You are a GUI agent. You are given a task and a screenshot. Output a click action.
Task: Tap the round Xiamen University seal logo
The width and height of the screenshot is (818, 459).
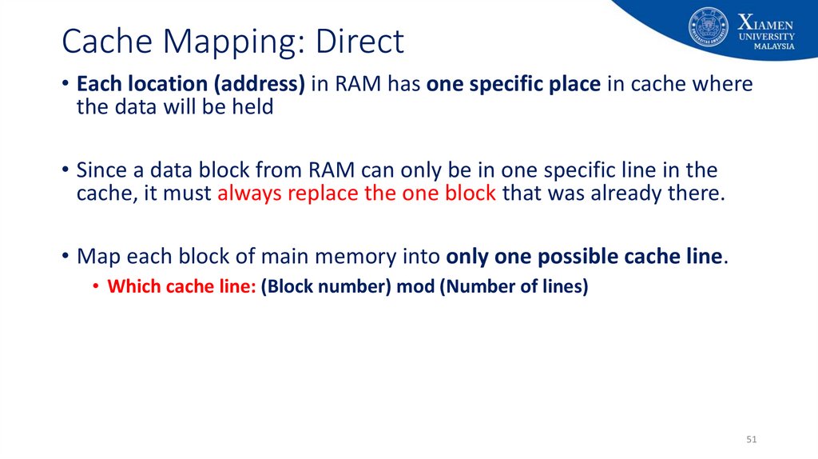709,26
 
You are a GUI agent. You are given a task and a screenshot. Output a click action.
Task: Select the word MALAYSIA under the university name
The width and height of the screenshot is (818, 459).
774,46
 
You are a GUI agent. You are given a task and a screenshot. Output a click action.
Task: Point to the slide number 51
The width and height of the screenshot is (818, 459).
751,441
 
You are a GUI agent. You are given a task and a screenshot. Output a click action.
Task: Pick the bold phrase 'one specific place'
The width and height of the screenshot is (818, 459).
514,84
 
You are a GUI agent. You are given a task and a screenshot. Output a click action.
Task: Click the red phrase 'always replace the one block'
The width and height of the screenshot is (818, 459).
356,193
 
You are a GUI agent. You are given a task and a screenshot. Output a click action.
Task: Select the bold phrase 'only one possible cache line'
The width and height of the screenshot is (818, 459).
585,257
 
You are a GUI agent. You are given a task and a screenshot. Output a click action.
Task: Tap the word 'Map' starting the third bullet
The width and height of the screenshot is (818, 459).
95,257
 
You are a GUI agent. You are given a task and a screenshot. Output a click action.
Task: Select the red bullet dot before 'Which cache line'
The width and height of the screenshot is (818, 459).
96,286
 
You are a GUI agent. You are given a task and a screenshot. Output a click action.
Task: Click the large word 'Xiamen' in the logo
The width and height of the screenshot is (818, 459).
766,21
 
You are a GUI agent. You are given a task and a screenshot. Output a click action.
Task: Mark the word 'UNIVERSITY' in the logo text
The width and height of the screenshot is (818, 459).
767,36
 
